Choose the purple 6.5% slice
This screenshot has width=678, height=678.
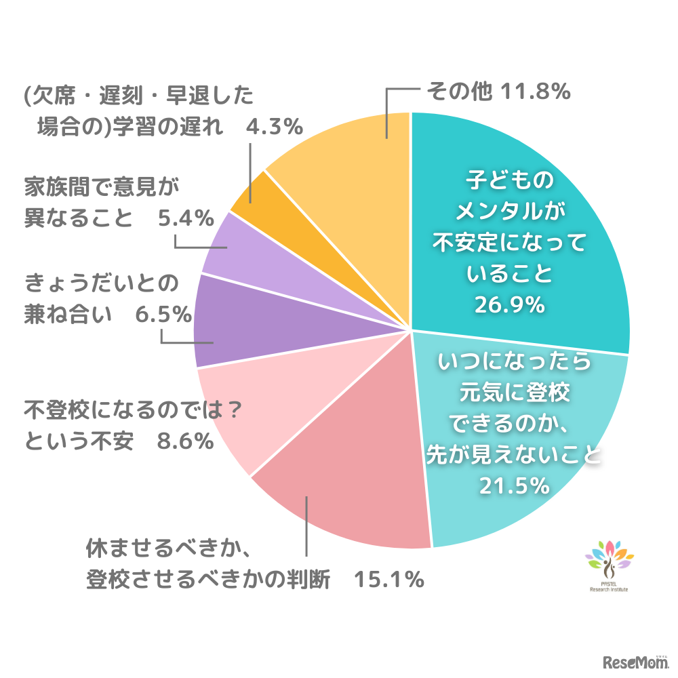237,322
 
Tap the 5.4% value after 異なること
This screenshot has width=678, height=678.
186,218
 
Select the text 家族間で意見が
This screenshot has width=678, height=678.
104,185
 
